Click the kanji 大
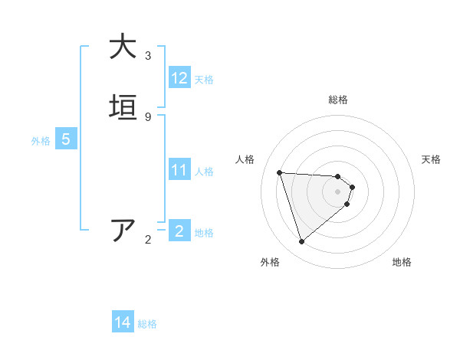(x=123, y=47)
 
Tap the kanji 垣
(x=123, y=107)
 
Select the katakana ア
(x=123, y=230)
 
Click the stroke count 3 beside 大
(x=148, y=56)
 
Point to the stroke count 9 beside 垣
(x=148, y=116)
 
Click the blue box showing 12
(x=179, y=78)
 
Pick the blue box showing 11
(x=179, y=170)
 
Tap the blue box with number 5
(x=66, y=139)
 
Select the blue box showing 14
(x=123, y=323)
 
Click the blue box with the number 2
(x=179, y=231)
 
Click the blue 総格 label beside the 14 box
(x=147, y=324)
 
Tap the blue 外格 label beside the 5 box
(x=41, y=140)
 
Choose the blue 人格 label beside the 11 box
(x=205, y=171)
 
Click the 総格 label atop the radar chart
(x=338, y=100)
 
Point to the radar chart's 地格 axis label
(x=402, y=263)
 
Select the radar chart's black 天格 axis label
(x=431, y=159)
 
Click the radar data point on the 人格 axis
(x=280, y=172)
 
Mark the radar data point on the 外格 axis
(x=301, y=242)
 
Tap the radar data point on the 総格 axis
(x=338, y=175)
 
